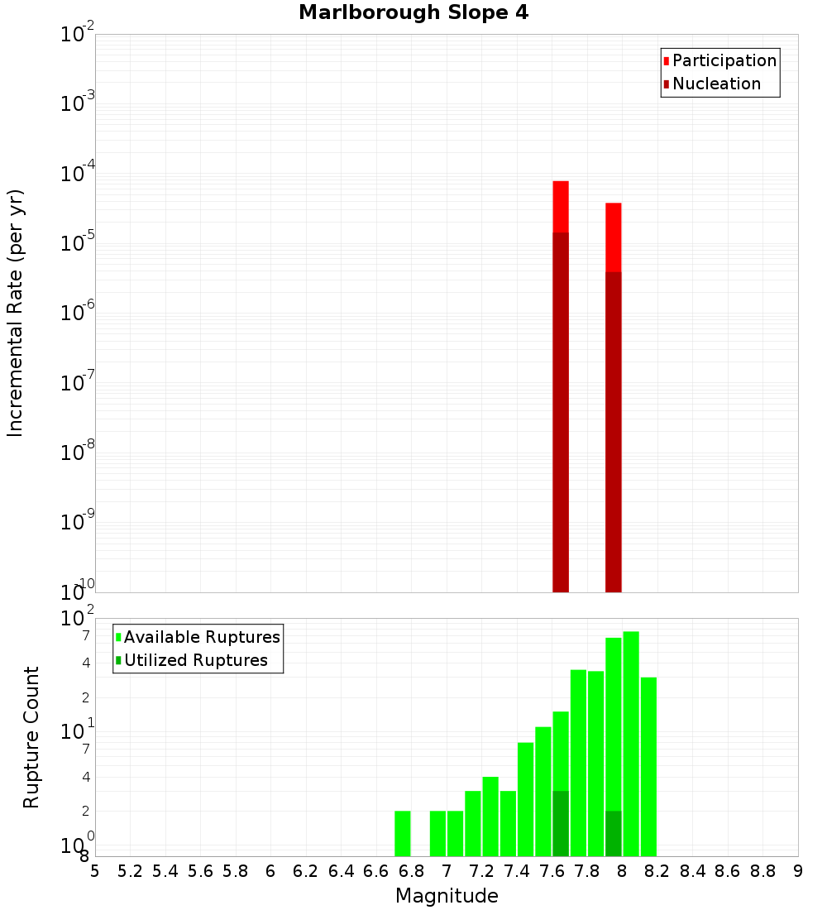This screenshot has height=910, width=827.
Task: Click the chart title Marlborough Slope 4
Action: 413,13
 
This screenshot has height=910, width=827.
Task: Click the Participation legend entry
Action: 724,60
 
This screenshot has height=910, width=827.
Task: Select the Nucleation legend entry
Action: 716,84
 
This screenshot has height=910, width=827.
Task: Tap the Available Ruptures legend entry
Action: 202,637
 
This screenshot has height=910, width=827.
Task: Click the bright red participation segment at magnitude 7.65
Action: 561,206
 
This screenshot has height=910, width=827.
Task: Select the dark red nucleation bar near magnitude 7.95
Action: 614,430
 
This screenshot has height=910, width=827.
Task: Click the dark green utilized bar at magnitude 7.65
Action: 561,823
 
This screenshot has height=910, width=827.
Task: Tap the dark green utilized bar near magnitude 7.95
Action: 614,833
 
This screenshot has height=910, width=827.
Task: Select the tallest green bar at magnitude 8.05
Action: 631,745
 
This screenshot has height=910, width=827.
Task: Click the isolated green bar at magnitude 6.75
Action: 403,833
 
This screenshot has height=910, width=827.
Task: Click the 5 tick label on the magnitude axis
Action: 95,871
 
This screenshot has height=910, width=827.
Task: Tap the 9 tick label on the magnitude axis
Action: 798,871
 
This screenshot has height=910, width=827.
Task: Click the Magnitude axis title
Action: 447,896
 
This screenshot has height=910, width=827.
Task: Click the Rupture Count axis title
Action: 31,737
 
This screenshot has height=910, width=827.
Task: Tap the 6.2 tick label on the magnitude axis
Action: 306,871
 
